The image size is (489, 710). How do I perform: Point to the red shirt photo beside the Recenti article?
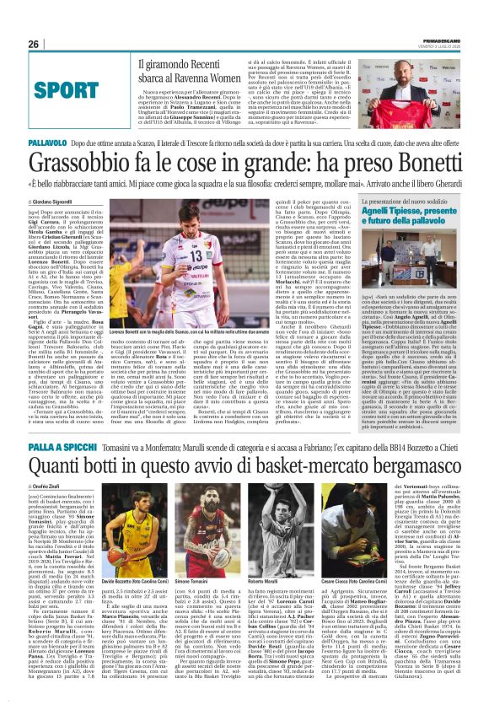tap(395, 85)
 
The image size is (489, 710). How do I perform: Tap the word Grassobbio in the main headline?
tap(83, 162)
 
